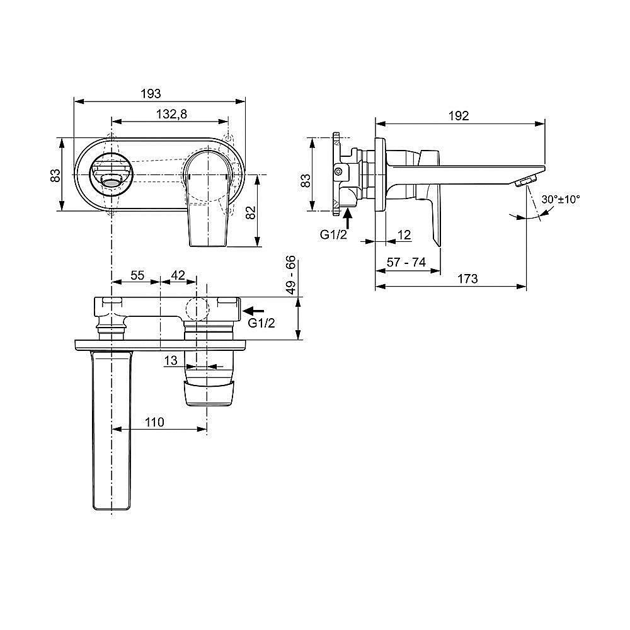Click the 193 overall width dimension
pyautogui.click(x=150, y=93)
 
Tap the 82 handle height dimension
pyautogui.click(x=250, y=212)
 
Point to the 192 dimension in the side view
pyautogui.click(x=459, y=115)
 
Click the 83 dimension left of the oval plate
pyautogui.click(x=55, y=175)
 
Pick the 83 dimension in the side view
pyautogui.click(x=306, y=181)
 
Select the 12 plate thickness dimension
pyautogui.click(x=404, y=235)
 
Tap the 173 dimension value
pyautogui.click(x=467, y=278)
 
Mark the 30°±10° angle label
pyautogui.click(x=561, y=198)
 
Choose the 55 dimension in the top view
pyautogui.click(x=137, y=275)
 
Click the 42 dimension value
pyautogui.click(x=178, y=275)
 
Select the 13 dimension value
pyautogui.click(x=169, y=360)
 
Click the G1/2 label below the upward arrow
pyautogui.click(x=333, y=235)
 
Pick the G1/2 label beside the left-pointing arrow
pyautogui.click(x=261, y=323)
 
